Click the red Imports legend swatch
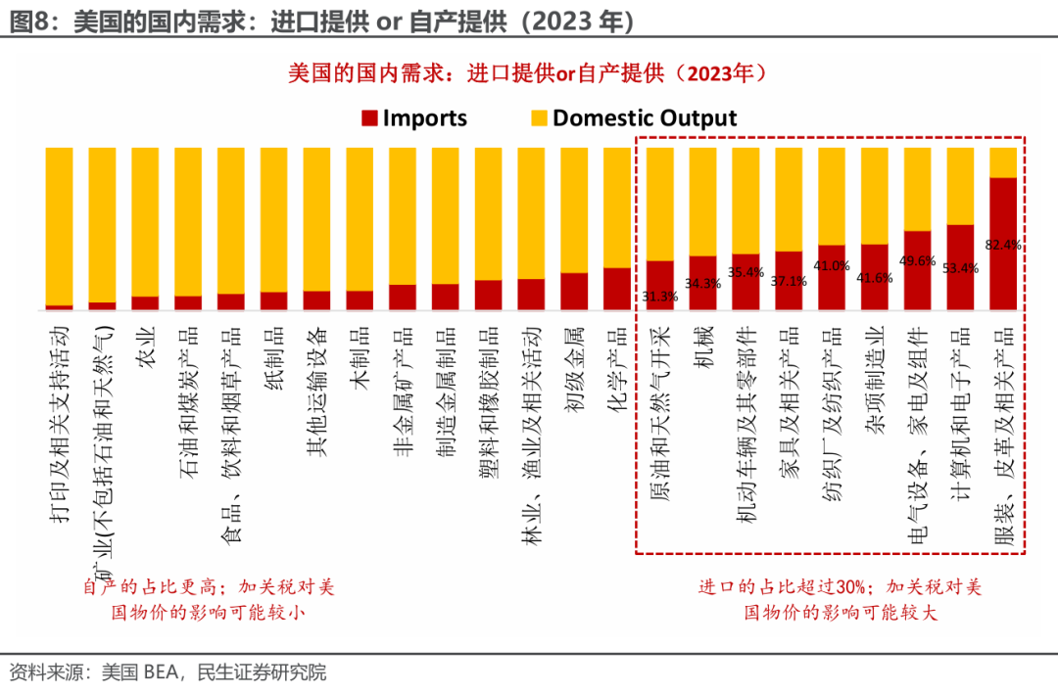369,119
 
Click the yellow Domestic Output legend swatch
539,119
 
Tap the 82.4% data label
1004,245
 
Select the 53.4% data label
960,267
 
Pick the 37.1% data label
789,281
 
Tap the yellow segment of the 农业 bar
145,221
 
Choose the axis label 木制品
360,358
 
